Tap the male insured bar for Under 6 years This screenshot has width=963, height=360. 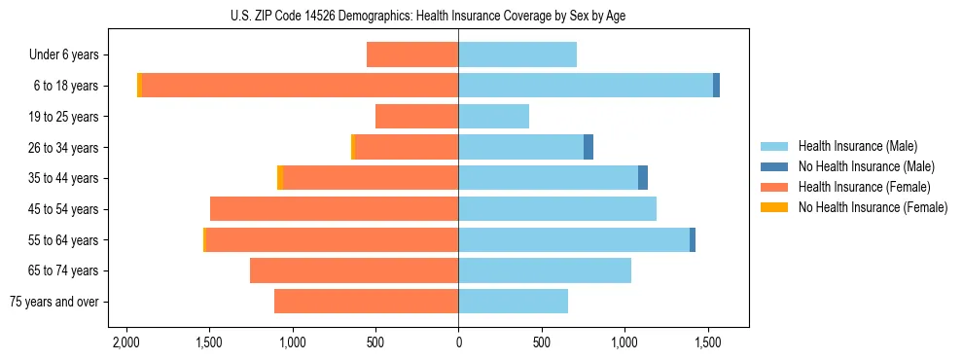(517, 54)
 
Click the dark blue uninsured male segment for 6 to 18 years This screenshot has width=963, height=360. (716, 86)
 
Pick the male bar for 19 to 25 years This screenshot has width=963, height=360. (493, 117)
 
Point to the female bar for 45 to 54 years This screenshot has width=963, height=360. (334, 209)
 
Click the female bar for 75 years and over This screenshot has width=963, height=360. (366, 302)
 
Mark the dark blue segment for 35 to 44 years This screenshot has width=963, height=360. (643, 178)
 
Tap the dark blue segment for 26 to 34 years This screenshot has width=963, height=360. (588, 147)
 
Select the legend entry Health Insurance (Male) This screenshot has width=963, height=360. (855, 146)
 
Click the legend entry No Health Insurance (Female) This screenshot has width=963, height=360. (872, 207)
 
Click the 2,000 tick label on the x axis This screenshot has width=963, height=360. (126, 342)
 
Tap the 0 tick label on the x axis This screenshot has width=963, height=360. (458, 342)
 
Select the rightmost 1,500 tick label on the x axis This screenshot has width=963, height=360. (707, 342)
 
